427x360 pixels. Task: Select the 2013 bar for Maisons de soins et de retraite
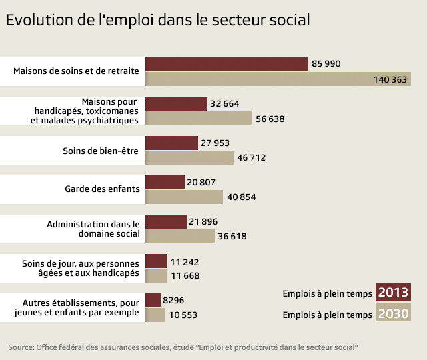pos(226,64)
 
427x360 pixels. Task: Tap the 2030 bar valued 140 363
pos(278,79)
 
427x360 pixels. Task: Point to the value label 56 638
pos(270,119)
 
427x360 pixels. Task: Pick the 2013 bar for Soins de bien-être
pos(171,143)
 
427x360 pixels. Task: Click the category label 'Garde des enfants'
pos(102,189)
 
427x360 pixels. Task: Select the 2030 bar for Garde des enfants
pos(183,197)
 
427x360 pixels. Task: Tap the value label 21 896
pos(203,221)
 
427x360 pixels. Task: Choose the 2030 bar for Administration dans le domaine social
pos(179,236)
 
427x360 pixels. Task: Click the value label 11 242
pos(185,261)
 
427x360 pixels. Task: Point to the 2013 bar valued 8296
pos(153,301)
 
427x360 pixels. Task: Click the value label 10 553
pos(183,315)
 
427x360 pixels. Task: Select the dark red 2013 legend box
pos(393,293)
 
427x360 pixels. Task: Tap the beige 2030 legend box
pos(393,314)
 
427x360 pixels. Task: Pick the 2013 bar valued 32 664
pos(175,103)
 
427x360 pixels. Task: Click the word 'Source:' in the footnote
pos(21,348)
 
